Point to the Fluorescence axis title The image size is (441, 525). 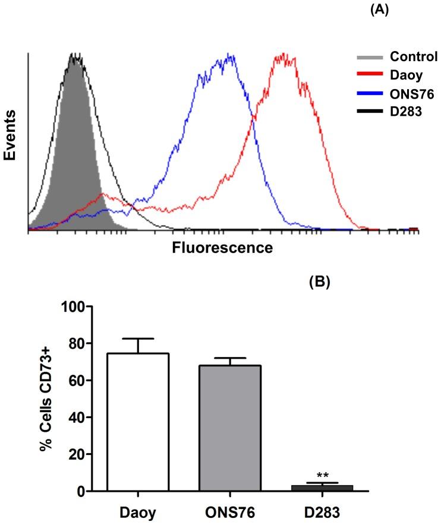coord(222,248)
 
